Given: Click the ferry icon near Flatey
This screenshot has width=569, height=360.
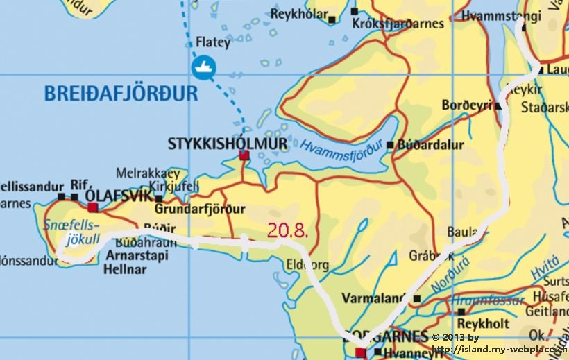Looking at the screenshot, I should click(x=205, y=67).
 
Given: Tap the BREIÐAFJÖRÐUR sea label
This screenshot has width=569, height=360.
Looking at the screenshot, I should click(x=121, y=93).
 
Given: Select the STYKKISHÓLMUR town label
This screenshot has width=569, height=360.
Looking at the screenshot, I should click(x=227, y=144).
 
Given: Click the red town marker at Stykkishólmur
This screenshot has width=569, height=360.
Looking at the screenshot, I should click(x=244, y=155).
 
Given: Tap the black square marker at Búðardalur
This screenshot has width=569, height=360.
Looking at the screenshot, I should click(x=390, y=145).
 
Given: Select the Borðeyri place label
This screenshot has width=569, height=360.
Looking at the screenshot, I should click(x=466, y=105).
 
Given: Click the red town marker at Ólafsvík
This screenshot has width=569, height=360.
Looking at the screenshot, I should click(x=92, y=207).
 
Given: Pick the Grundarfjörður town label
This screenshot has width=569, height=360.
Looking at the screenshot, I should click(x=201, y=209).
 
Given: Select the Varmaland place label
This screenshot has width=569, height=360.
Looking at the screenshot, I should click(x=373, y=299).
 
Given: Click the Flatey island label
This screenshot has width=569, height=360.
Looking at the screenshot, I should click(x=213, y=42).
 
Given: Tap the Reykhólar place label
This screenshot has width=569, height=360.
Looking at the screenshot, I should click(x=298, y=14).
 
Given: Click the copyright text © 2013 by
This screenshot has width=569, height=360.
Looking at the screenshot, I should click(x=455, y=337).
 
